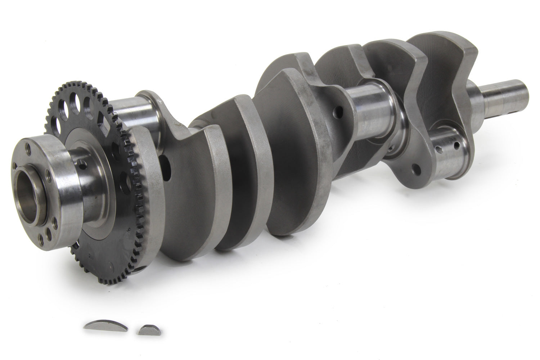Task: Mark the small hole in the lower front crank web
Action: (416, 168)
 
